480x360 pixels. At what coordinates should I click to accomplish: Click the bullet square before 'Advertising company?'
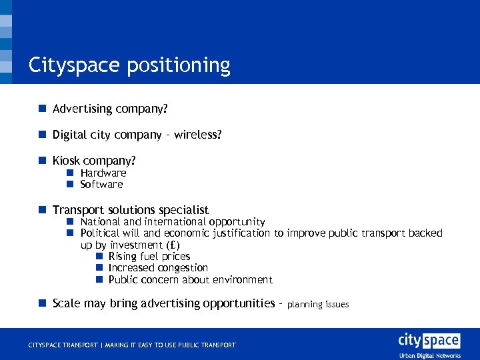pyautogui.click(x=42, y=108)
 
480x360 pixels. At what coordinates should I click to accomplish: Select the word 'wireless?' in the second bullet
pyautogui.click(x=197, y=135)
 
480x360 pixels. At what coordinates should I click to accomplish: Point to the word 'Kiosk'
pyautogui.click(x=66, y=161)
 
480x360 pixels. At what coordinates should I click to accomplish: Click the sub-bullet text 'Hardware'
pyautogui.click(x=103, y=173)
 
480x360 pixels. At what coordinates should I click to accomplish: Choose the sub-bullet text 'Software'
pyautogui.click(x=101, y=185)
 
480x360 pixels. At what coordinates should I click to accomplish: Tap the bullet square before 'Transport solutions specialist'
pyautogui.click(x=42, y=210)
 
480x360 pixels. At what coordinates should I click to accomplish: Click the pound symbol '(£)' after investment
pyautogui.click(x=172, y=245)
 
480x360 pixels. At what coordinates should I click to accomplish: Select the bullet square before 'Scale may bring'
pyautogui.click(x=42, y=303)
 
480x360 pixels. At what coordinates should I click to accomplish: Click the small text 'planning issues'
pyautogui.click(x=318, y=305)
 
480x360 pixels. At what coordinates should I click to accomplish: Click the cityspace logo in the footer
pyautogui.click(x=429, y=341)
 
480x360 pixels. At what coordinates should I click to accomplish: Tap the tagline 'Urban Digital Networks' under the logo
pyautogui.click(x=430, y=356)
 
